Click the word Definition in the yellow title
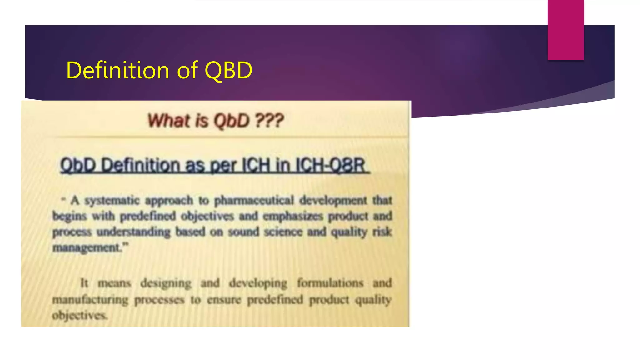pos(118,70)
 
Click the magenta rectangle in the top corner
pos(566,30)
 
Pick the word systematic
pos(112,200)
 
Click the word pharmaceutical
pos(254,200)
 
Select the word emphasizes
pos(292,216)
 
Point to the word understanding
pos(133,232)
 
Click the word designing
pos(166,283)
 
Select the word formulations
pos(330,283)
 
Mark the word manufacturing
pos(90,300)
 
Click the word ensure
pos(224,300)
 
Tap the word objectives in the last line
pos(79,315)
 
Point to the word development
pos(333,200)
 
